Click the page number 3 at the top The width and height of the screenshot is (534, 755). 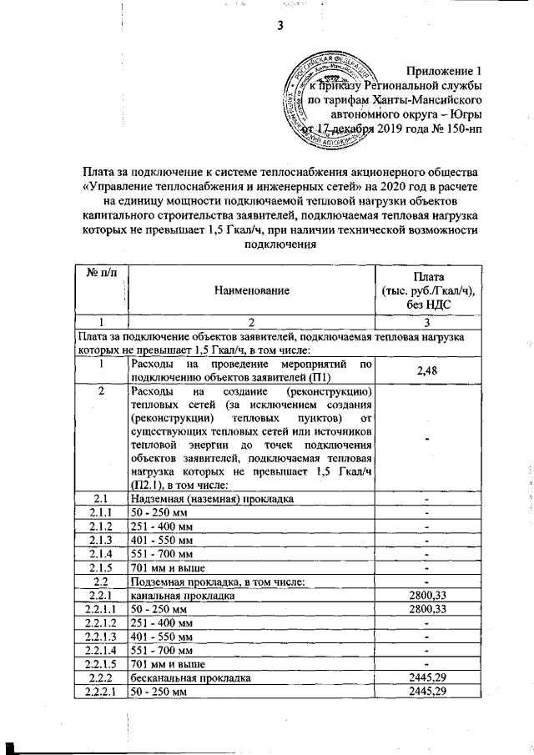click(281, 25)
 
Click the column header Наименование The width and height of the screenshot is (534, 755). click(252, 290)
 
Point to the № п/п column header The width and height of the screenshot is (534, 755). click(99, 275)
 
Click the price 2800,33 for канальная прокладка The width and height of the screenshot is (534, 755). click(426, 596)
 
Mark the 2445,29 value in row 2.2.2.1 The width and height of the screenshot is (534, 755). click(426, 692)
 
